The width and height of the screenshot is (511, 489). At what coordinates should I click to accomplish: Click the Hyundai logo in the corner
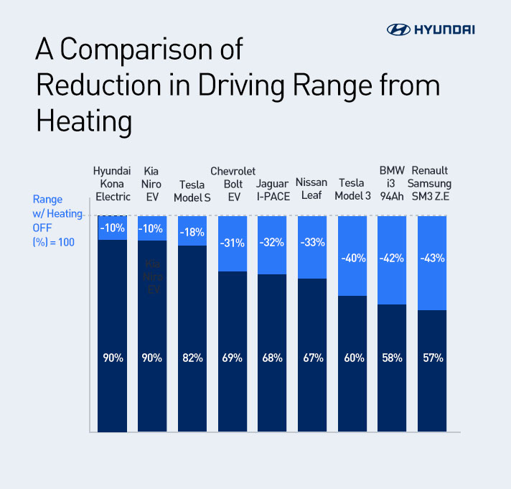tap(431, 29)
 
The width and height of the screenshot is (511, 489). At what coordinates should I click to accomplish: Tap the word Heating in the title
tap(84, 121)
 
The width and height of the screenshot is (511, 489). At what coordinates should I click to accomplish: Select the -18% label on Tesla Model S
tap(192, 232)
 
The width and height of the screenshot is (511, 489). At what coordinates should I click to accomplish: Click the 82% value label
tap(192, 358)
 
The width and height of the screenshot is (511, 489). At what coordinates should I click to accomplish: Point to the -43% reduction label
tap(432, 258)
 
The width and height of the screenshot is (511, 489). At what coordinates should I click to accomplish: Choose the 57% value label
tap(432, 358)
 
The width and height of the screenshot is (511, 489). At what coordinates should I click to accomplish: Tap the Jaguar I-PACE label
tap(272, 190)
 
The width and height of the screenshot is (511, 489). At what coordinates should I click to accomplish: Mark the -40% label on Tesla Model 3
tap(352, 258)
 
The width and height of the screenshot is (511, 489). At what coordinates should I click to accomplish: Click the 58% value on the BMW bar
tap(392, 358)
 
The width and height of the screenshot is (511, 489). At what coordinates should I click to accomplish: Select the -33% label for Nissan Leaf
tap(312, 243)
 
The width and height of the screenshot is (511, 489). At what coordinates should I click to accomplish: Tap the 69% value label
tap(233, 358)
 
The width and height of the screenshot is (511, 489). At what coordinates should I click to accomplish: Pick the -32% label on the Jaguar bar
tap(272, 241)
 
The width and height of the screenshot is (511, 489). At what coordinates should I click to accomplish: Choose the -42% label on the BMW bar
tap(392, 258)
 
